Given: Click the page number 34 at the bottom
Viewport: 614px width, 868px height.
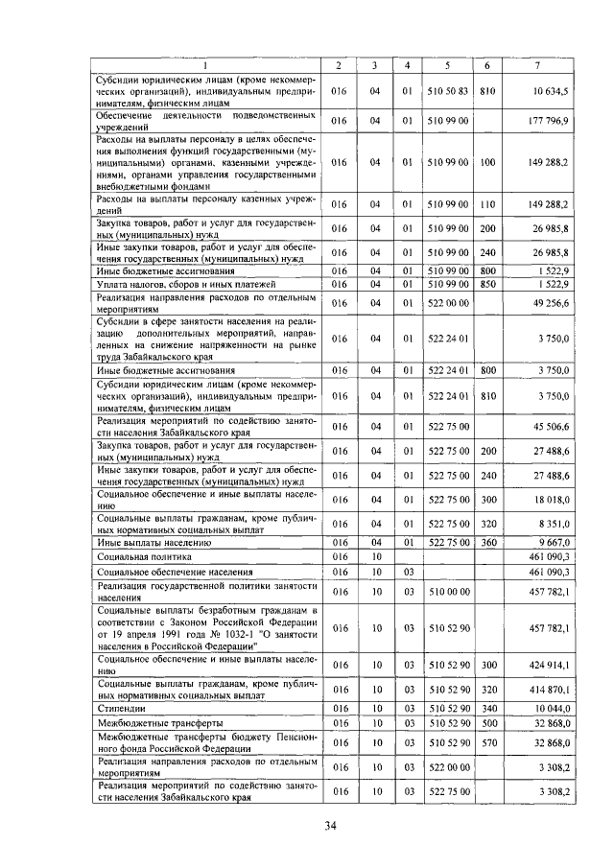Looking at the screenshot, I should pos(330,826).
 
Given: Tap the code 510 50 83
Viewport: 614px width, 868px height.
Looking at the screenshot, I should pos(448,91).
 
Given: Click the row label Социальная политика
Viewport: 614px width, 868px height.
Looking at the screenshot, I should pos(145,555).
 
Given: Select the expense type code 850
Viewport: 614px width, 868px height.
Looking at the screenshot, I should pos(487,285).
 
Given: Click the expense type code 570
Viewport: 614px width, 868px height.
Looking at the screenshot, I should pos(487,743).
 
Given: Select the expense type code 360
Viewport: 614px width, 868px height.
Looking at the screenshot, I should pos(487,541).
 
